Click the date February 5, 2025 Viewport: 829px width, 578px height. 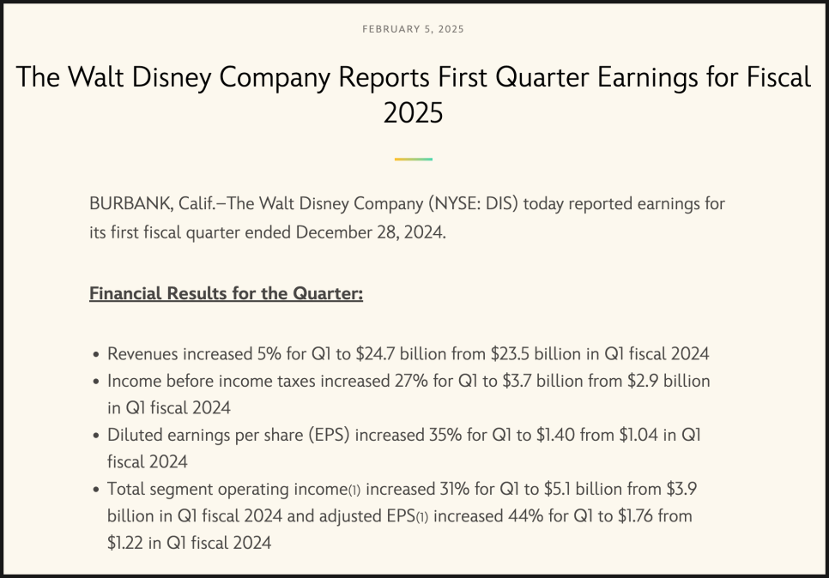click(x=413, y=29)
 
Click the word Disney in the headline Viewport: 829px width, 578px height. click(x=172, y=77)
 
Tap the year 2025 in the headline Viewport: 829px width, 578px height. click(x=413, y=113)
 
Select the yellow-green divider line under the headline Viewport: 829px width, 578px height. click(x=414, y=159)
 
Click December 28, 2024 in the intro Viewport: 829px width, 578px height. click(x=371, y=232)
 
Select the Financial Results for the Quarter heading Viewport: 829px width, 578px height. click(x=227, y=293)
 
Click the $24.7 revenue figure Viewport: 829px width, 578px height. click(x=375, y=353)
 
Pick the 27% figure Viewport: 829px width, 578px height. click(x=411, y=381)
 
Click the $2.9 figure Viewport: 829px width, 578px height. click(x=643, y=381)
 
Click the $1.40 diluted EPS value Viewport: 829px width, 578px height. click(x=555, y=435)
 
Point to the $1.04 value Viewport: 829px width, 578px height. click(x=638, y=435)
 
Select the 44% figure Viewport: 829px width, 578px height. click(x=525, y=515)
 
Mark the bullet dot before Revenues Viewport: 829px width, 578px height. click(x=96, y=354)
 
